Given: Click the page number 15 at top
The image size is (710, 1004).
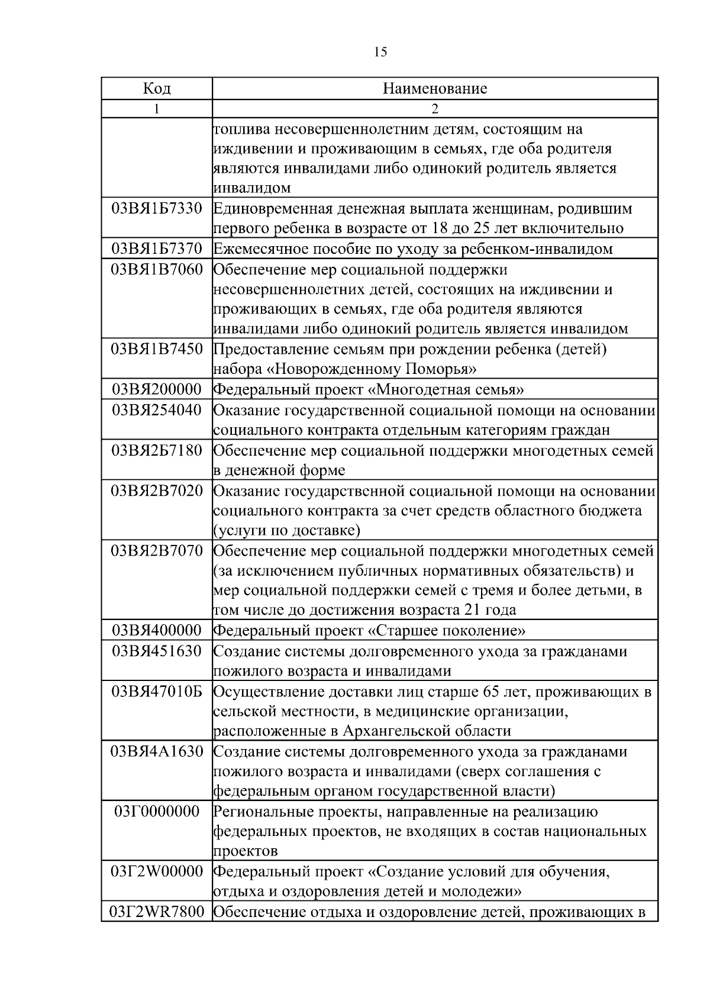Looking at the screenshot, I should coord(381,52).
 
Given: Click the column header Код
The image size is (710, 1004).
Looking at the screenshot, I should coord(157,89).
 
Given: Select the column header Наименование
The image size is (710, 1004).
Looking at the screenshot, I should coord(435,89).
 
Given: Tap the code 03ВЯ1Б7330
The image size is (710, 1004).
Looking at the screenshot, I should coord(157,208).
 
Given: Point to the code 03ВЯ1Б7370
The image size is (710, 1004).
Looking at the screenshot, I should coord(157,248).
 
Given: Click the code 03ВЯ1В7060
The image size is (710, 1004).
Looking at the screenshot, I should coord(157,270).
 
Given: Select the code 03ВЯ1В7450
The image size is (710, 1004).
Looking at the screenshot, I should coord(157,349).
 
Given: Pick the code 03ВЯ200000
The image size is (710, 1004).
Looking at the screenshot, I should coord(157,389).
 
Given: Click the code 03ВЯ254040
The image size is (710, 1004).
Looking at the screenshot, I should coord(157,409).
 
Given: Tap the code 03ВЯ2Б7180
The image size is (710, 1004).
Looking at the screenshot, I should coord(157,450).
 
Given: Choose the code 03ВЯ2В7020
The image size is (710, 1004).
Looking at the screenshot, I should coord(157,490).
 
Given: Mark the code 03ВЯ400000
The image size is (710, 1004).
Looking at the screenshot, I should coord(157,630).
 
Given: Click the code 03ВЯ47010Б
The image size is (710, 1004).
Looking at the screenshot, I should coord(157,691).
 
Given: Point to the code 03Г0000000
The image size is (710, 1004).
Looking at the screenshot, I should coord(157,811).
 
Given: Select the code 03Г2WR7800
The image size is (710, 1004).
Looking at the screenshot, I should coord(157,912).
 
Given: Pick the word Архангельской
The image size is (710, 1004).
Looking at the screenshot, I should coord(411,731).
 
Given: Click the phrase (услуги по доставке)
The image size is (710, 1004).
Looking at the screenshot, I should coord(286,530).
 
